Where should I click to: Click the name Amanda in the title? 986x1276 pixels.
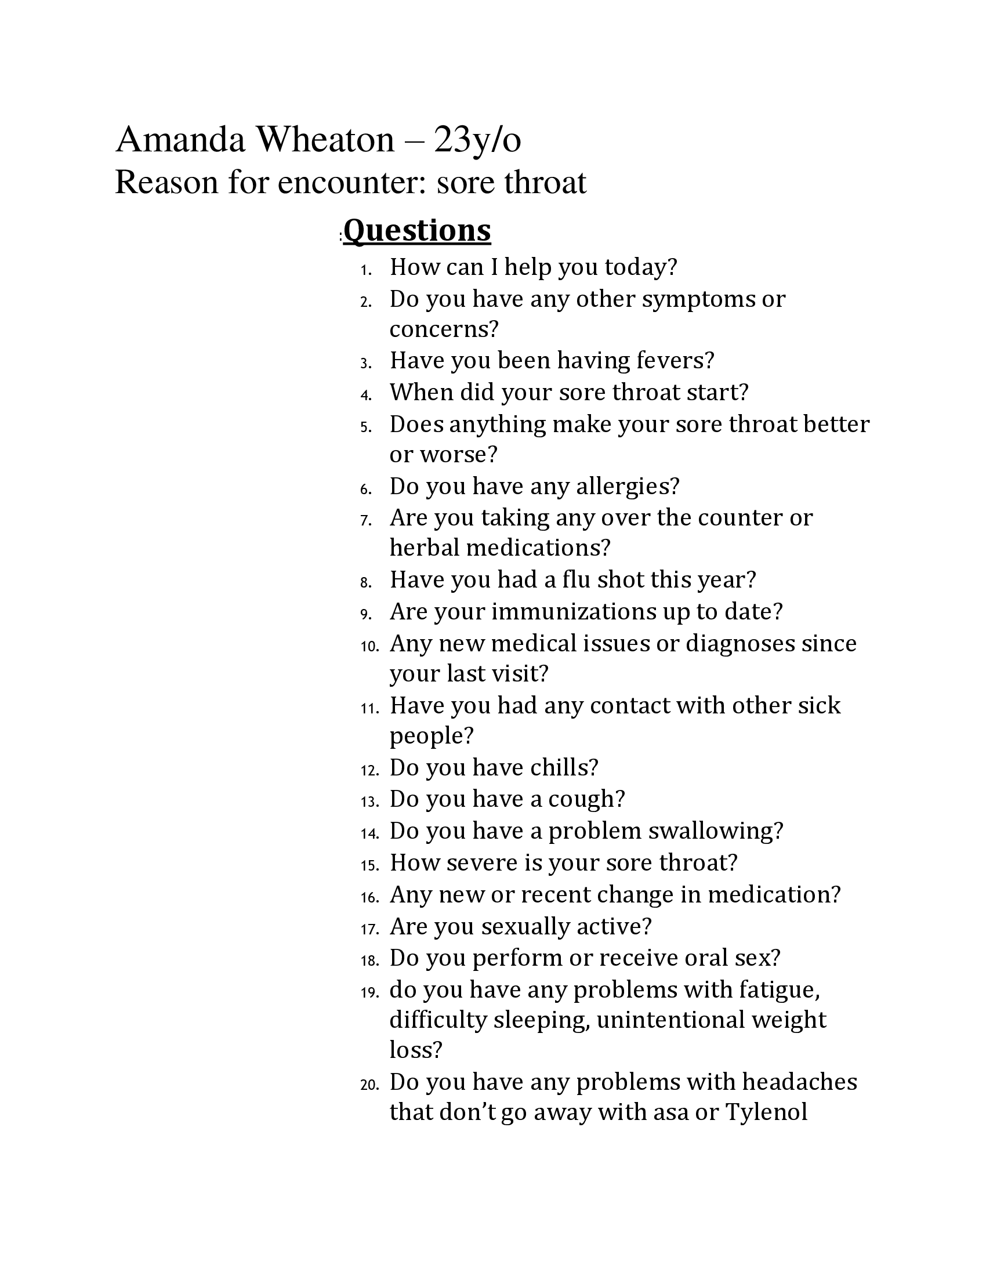[x=180, y=140]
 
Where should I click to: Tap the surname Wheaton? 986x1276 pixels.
[x=325, y=140]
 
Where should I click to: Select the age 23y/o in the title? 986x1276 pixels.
[x=477, y=142]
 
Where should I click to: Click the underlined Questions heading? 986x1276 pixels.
[x=417, y=230]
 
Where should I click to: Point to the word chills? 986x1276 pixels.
[x=564, y=768]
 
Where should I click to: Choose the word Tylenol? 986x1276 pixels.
[x=766, y=1112]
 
